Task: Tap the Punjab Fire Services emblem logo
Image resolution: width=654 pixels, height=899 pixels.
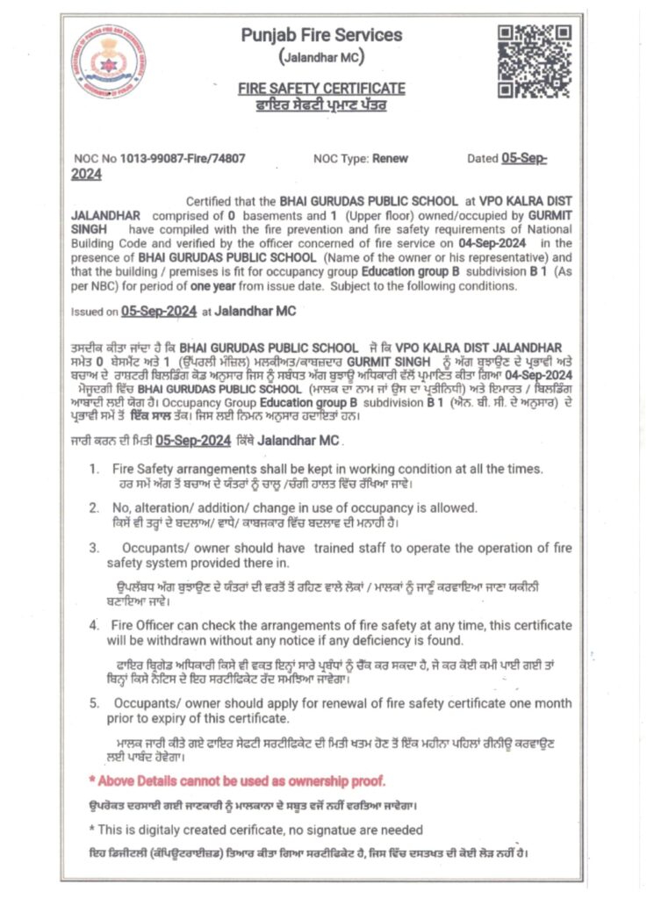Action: click(x=109, y=61)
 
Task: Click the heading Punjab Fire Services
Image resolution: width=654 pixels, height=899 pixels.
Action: click(x=321, y=36)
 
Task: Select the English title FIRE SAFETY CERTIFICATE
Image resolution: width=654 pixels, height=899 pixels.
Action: click(x=321, y=89)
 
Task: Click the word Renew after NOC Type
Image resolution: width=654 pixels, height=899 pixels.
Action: click(x=390, y=159)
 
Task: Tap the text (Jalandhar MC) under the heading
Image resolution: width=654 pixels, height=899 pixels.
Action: click(x=321, y=58)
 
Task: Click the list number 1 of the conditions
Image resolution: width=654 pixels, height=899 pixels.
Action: click(x=94, y=469)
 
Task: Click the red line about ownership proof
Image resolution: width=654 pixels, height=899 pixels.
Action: click(x=237, y=780)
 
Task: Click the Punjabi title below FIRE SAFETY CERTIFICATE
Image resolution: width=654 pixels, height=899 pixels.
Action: click(x=321, y=105)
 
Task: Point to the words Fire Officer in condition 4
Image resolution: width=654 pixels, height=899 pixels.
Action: click(x=144, y=625)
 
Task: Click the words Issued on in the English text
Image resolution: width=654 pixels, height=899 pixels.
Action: click(x=94, y=311)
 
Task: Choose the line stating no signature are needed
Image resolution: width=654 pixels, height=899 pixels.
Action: click(x=255, y=830)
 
